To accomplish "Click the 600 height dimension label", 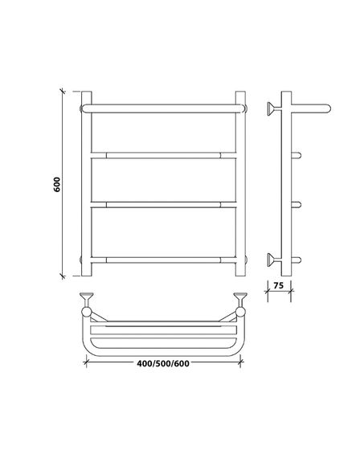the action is coord(57,184).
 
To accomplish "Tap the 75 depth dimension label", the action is coord(279,285).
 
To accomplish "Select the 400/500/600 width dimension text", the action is coord(163,363).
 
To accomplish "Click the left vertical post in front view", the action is coord(87,184).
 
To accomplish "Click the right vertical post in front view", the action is coord(240,184).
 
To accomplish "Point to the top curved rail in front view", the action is coord(163,108).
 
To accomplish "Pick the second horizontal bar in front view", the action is coord(164,155).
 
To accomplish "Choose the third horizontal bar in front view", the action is coord(164,205).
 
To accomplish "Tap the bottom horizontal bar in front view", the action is coord(164,260).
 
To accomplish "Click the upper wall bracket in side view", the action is coord(273,108).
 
